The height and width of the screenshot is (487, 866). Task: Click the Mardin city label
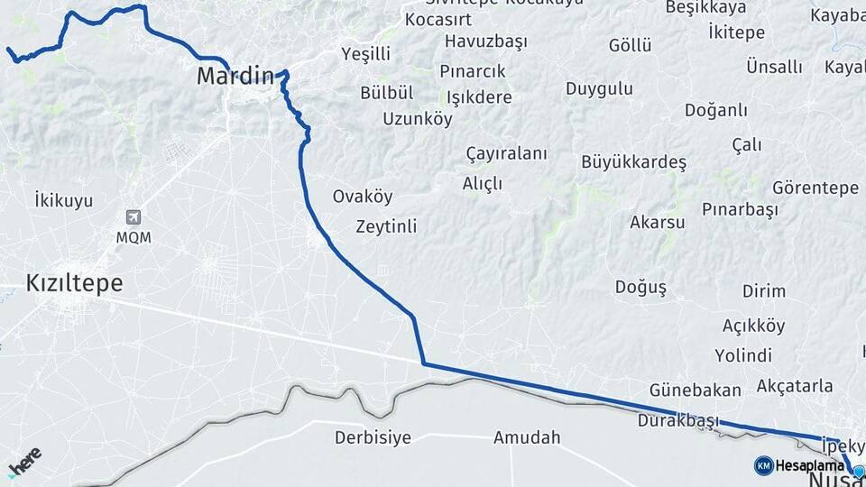pos(235,77)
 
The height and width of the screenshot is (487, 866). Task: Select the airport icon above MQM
pos(134,217)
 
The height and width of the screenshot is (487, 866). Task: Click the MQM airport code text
pos(134,237)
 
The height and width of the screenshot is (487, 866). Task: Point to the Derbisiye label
pos(373,438)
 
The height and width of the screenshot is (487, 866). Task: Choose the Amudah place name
pos(527,438)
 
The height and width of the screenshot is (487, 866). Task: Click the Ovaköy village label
pos(363,197)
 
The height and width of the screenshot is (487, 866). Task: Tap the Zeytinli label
pos(386,226)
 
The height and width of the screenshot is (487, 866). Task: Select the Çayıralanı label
pos(506,153)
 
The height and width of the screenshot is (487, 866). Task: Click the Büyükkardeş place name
pos(634,162)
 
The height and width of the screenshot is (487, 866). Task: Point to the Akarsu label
pos(658,222)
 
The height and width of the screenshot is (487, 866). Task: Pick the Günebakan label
pos(695,391)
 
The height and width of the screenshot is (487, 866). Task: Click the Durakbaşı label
pos(677,420)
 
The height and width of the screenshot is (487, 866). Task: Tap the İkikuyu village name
pos(63,200)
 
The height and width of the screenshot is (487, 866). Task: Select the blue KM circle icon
pos(763,465)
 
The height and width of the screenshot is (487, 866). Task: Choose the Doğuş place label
pos(640,288)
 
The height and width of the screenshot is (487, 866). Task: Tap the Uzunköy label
pos(418,119)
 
